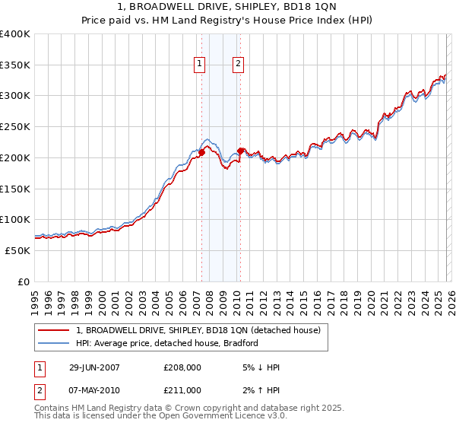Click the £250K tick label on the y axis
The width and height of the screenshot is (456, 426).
click(x=15, y=127)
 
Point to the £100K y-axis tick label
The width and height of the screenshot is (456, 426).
click(x=15, y=220)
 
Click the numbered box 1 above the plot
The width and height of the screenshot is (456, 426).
click(x=199, y=65)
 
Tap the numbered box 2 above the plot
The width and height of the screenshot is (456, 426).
click(x=238, y=65)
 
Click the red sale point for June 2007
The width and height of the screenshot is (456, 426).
click(x=202, y=153)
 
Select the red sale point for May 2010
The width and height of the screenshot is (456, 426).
click(x=240, y=151)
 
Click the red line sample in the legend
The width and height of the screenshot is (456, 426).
click(x=55, y=330)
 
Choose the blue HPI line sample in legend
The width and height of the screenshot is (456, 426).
click(x=55, y=343)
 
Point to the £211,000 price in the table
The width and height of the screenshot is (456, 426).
click(x=182, y=390)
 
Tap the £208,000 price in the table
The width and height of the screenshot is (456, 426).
click(x=182, y=367)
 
